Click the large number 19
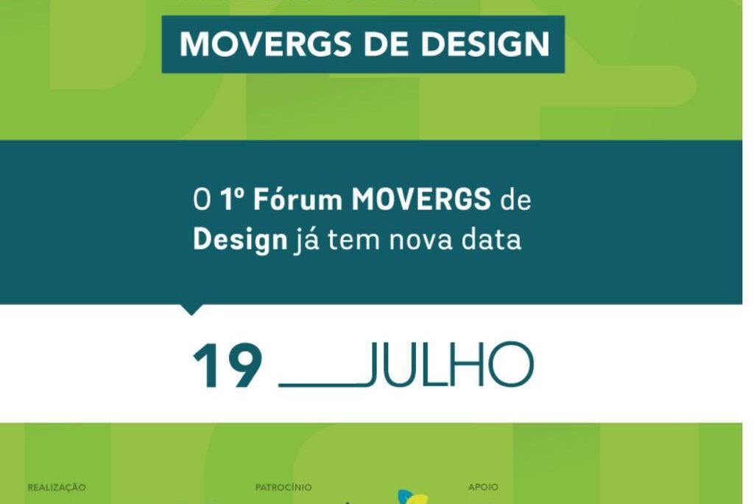click(x=228, y=366)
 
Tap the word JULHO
click(x=448, y=366)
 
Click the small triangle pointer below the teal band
click(x=191, y=309)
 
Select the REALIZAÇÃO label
click(x=57, y=487)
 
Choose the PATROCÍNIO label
click(x=283, y=487)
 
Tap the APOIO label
click(x=483, y=487)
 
